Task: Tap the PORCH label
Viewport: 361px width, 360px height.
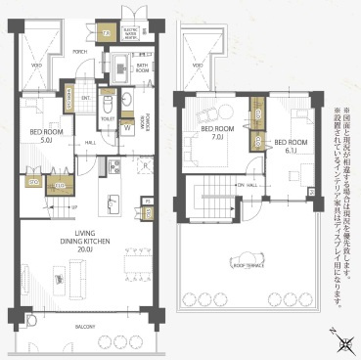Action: [80, 50]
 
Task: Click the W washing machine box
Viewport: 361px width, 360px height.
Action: [128, 128]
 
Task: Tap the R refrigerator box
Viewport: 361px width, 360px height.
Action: [144, 166]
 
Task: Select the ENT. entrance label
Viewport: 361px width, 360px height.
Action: [85, 97]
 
